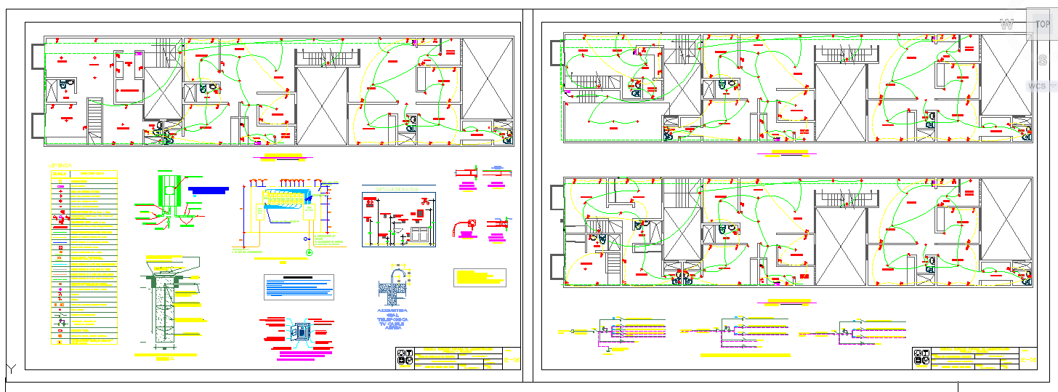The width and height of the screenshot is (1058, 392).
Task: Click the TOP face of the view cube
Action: click(x=1042, y=25)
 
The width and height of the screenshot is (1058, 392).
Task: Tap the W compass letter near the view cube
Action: click(x=1006, y=25)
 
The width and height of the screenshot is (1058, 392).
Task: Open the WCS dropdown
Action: click(x=1041, y=86)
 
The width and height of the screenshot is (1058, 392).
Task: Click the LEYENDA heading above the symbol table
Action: click(x=60, y=166)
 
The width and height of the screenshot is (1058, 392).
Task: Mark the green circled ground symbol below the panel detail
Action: click(x=310, y=252)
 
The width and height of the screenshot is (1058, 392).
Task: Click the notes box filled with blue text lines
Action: click(x=299, y=287)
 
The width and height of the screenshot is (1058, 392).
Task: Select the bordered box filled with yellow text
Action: click(x=480, y=277)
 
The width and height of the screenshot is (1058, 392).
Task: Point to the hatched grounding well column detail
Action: click(x=163, y=309)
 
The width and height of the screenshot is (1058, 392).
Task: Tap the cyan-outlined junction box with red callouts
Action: click(x=299, y=332)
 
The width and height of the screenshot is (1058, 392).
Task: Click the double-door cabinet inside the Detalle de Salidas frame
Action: click(x=420, y=233)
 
